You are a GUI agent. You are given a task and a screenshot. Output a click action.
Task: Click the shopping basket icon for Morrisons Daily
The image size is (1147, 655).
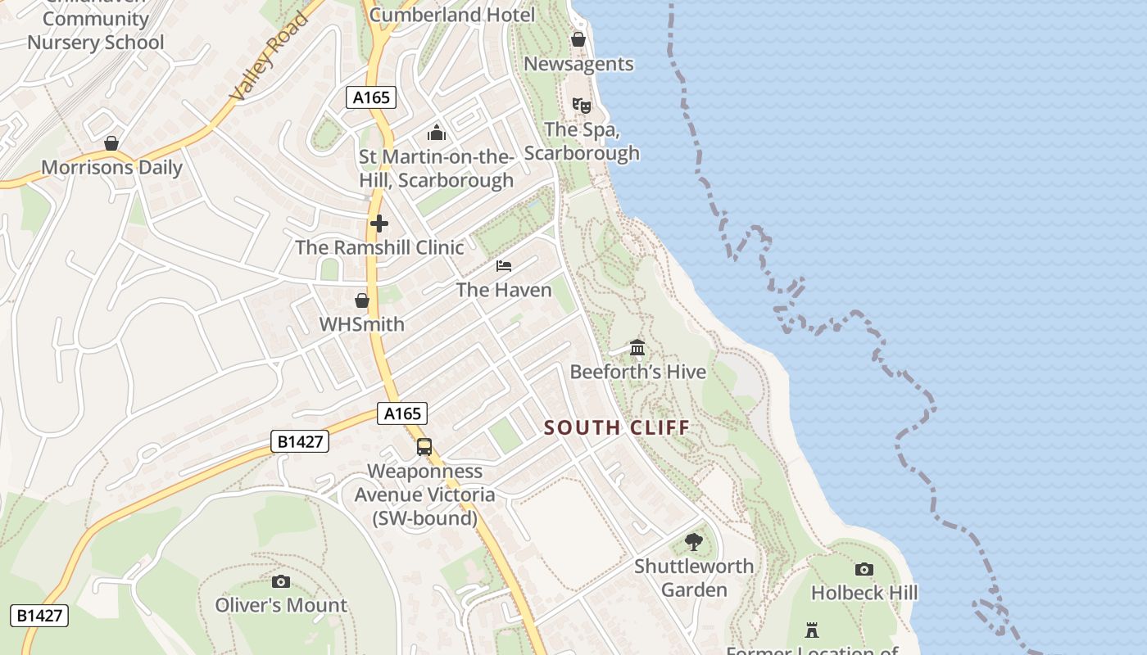tap(111, 144)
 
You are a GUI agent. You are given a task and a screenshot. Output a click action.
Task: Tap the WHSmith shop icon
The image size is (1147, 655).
tap(362, 300)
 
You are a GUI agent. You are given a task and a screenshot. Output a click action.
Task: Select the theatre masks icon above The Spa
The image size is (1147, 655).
tap(581, 105)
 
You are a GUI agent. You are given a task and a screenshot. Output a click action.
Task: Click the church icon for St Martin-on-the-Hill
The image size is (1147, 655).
tap(436, 133)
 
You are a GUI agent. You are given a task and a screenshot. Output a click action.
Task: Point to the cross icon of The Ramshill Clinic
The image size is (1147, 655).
tap(379, 224)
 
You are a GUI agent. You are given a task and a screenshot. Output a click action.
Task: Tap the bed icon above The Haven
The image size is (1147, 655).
tap(504, 266)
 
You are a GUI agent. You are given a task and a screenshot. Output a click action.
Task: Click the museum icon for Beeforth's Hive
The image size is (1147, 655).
tap(637, 348)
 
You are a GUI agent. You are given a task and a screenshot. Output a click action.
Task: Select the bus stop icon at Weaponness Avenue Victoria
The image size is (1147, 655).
tap(424, 447)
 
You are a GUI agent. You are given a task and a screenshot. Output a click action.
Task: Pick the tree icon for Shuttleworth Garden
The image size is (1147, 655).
tap(694, 542)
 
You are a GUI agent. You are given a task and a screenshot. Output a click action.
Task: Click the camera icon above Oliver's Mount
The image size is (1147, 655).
tap(281, 581)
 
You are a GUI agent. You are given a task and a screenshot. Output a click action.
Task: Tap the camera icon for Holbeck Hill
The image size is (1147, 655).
tap(864, 569)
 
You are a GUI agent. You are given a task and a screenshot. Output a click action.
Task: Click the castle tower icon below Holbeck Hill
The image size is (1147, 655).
tap(812, 630)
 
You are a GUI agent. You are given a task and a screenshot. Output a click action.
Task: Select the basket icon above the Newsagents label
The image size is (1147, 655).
tap(578, 39)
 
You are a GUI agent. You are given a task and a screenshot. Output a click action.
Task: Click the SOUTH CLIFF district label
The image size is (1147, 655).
tap(617, 427)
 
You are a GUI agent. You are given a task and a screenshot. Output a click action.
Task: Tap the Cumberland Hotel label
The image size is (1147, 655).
tap(451, 15)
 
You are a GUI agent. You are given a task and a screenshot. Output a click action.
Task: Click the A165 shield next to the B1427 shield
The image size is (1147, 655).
tap(403, 414)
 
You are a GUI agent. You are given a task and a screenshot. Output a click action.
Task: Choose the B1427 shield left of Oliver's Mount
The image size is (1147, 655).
tap(39, 616)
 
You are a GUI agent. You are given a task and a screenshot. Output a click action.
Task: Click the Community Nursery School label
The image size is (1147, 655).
tap(96, 31)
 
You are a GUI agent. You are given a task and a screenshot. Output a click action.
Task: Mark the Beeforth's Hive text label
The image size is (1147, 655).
tap(637, 372)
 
